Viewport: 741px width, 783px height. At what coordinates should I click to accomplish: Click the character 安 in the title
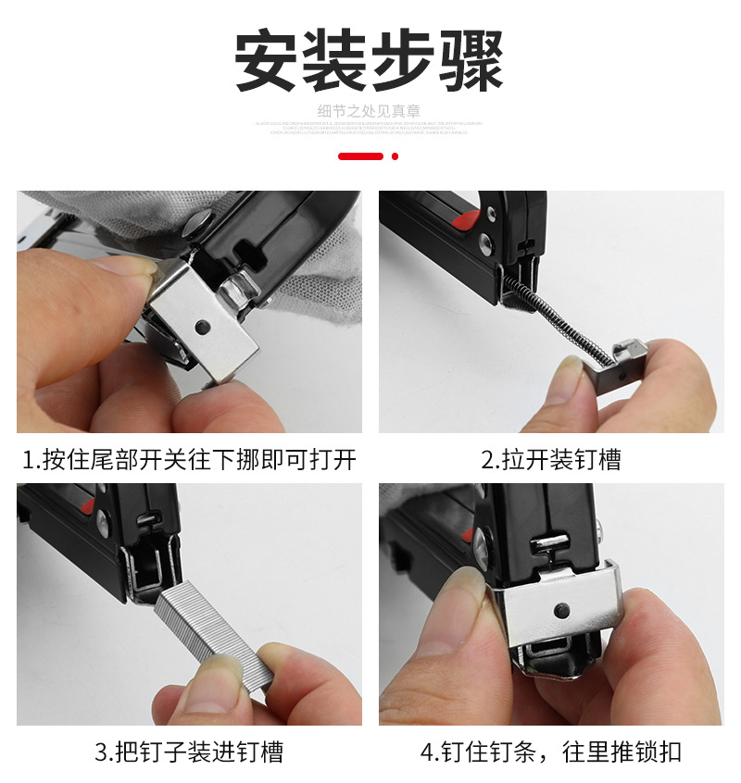click(268, 60)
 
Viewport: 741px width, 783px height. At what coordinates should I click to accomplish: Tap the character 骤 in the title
click(470, 60)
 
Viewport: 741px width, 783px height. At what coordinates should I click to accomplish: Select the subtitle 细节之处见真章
click(370, 111)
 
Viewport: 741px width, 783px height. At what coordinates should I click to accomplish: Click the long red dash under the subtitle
click(360, 156)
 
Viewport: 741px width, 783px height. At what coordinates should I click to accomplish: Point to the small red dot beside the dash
click(396, 156)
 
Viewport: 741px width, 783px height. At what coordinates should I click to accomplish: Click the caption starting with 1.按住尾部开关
click(189, 460)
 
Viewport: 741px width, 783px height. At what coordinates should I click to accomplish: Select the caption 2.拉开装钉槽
click(550, 460)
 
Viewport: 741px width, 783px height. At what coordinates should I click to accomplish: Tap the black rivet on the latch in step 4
click(559, 611)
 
